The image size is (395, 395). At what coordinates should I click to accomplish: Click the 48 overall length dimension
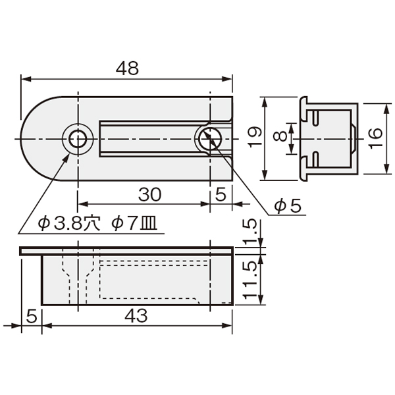pyautogui.click(x=127, y=68)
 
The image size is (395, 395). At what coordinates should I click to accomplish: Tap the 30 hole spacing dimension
pyautogui.click(x=149, y=194)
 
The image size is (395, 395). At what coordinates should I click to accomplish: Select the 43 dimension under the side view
pyautogui.click(x=136, y=315)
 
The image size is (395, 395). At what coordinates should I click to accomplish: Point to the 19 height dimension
pyautogui.click(x=254, y=138)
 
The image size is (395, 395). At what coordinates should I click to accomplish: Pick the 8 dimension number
pyautogui.click(x=280, y=136)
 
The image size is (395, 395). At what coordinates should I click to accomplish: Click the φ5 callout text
pyautogui.click(x=288, y=206)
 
